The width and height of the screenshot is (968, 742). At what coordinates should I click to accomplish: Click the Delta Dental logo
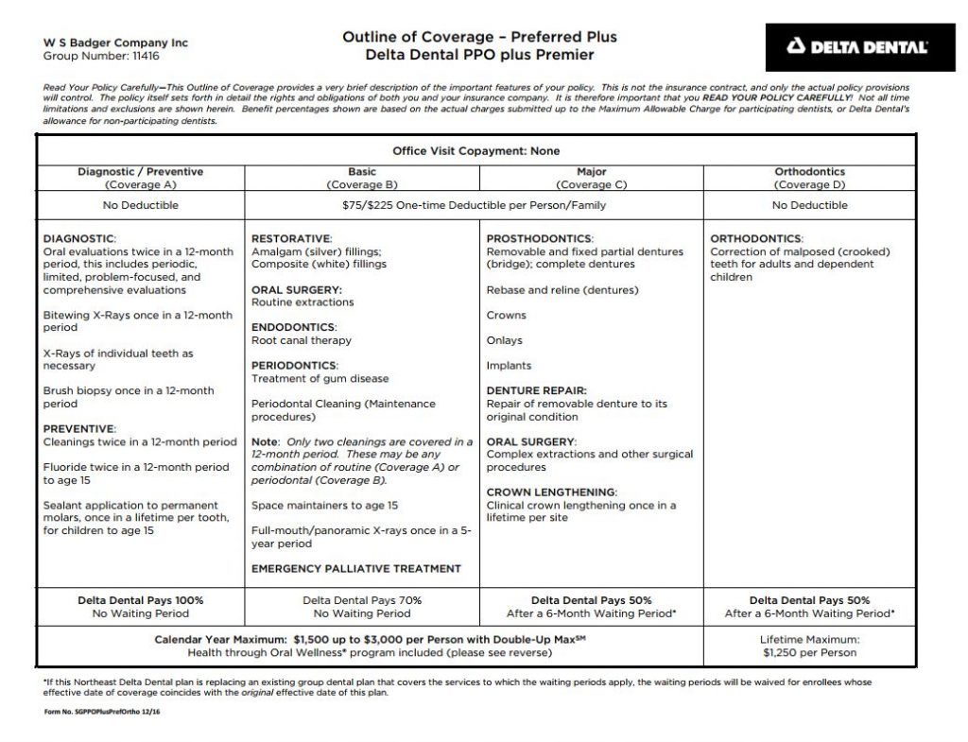[x=858, y=46]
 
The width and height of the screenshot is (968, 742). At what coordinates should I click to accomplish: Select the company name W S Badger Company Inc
[x=116, y=43]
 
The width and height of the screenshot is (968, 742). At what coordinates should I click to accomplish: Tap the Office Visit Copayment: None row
[x=475, y=151]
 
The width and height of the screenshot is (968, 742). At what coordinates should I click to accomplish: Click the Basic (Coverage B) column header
[x=362, y=179]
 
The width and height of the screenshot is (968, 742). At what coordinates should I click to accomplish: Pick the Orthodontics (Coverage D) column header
[x=810, y=179]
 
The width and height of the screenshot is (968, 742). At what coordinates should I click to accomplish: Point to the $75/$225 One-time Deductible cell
[x=475, y=205]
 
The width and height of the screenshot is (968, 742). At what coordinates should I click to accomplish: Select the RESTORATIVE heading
[x=291, y=238]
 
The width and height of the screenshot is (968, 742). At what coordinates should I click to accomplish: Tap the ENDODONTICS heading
[x=292, y=327]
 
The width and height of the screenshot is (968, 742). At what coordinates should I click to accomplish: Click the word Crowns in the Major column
[x=506, y=315]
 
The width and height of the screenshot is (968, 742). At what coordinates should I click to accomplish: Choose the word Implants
[x=509, y=366]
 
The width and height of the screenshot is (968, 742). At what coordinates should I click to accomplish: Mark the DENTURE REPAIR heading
[x=536, y=390]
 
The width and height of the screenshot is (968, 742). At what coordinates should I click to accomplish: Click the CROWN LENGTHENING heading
[x=551, y=492]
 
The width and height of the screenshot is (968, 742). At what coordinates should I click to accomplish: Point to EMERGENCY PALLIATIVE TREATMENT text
[x=356, y=569]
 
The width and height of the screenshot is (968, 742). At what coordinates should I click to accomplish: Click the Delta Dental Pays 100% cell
[x=140, y=607]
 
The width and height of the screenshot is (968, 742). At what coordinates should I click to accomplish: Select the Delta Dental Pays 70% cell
[x=362, y=607]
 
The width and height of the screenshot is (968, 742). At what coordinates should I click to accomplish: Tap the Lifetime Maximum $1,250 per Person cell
[x=809, y=647]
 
